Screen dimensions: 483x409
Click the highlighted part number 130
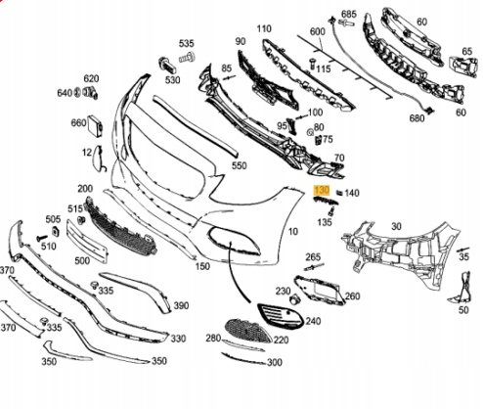tap(322, 190)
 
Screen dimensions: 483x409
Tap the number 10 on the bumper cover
tap(293, 232)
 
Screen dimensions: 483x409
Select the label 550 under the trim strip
tap(240, 165)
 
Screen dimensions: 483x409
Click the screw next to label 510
tap(42, 238)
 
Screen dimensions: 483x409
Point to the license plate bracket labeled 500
tap(87, 241)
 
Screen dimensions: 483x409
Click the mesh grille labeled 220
tap(249, 331)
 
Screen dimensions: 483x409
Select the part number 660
tap(78, 123)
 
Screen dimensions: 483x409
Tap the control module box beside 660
tap(96, 126)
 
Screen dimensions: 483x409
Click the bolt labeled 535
tap(187, 59)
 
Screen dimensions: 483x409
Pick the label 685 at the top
tap(349, 14)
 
